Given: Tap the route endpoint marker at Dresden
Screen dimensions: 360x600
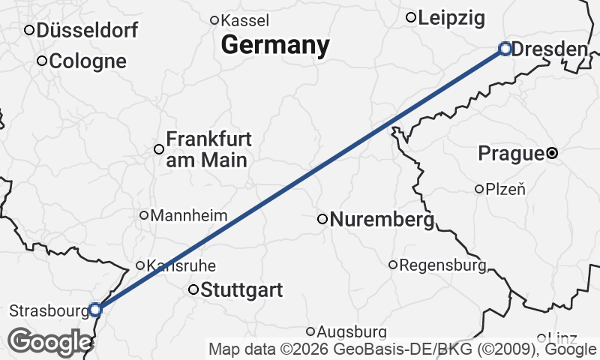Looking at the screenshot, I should pyautogui.click(x=505, y=49).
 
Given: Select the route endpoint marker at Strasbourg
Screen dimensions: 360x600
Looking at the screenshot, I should pyautogui.click(x=95, y=310).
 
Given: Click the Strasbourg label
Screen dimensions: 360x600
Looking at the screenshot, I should pyautogui.click(x=48, y=310).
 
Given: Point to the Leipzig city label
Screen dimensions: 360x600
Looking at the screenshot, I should pyautogui.click(x=451, y=18).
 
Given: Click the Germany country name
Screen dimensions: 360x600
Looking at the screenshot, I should pyautogui.click(x=275, y=45).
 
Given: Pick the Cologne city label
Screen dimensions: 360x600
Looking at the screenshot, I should pyautogui.click(x=88, y=61).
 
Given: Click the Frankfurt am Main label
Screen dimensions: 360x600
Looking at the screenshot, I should pyautogui.click(x=208, y=149).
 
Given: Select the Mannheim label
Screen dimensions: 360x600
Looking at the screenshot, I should pyautogui.click(x=189, y=216).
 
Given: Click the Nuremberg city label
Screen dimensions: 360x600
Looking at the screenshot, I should pyautogui.click(x=382, y=220).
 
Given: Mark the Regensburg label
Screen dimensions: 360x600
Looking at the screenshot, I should pyautogui.click(x=442, y=265).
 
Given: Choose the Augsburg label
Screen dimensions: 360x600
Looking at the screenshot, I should pyautogui.click(x=352, y=331).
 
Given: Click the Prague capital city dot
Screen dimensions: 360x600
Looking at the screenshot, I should pyautogui.click(x=552, y=153).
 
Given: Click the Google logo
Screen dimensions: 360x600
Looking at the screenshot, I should pyautogui.click(x=49, y=342).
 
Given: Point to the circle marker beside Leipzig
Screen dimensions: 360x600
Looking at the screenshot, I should pyautogui.click(x=411, y=17).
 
